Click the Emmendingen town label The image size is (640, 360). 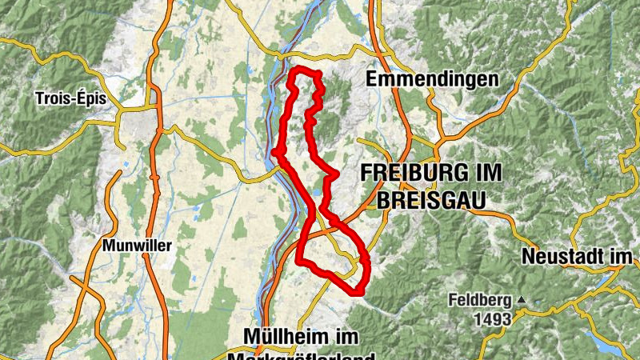coord(432,79)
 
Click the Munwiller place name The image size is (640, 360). coord(137,246)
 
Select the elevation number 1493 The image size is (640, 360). coord(490,319)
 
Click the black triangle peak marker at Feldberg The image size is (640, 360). coord(522,301)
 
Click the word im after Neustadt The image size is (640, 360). coord(623,257)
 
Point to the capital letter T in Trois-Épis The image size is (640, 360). coord(40,98)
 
